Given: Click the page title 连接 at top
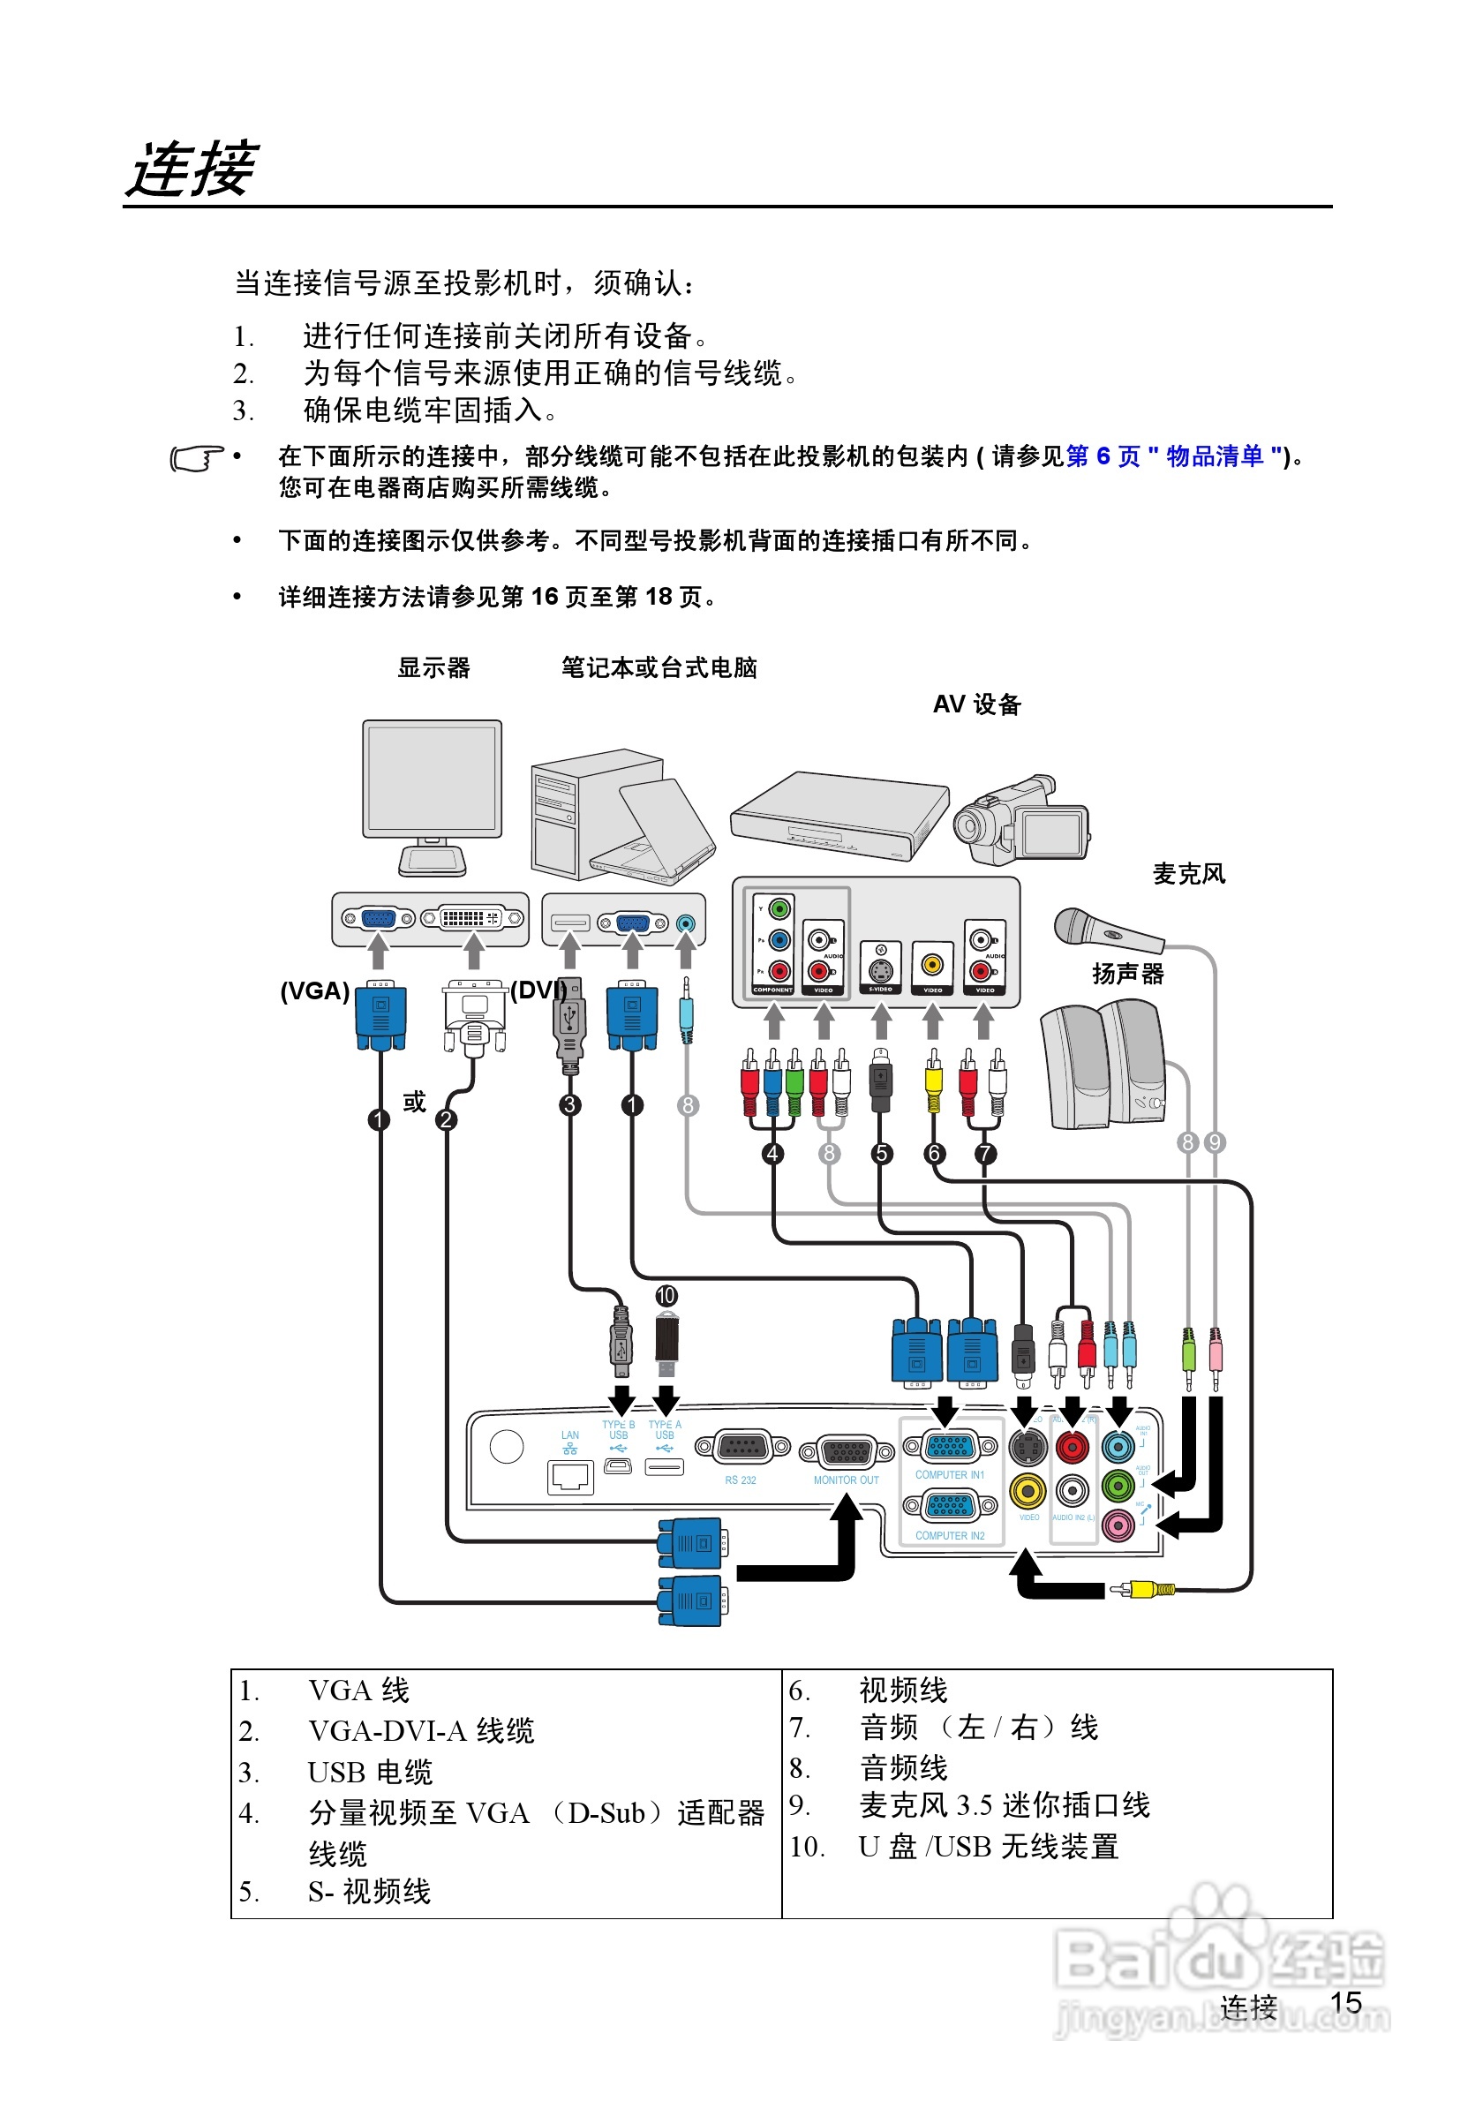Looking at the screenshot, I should (192, 169).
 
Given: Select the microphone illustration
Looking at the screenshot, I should (1106, 930).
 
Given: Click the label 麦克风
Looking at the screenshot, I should (1187, 874).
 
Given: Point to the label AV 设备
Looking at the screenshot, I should (976, 704).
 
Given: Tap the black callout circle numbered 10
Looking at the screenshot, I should (666, 1296).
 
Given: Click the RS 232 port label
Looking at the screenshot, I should (740, 1480).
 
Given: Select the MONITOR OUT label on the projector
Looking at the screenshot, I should (847, 1480).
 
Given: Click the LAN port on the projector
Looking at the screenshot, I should (571, 1475).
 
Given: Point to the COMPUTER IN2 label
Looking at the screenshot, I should (950, 1535).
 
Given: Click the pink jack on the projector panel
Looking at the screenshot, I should (1118, 1524).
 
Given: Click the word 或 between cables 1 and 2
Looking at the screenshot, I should (414, 1101).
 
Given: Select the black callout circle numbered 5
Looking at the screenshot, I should (881, 1153).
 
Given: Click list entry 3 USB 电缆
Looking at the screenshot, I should (370, 1773).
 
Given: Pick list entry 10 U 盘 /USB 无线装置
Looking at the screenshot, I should (988, 1847).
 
